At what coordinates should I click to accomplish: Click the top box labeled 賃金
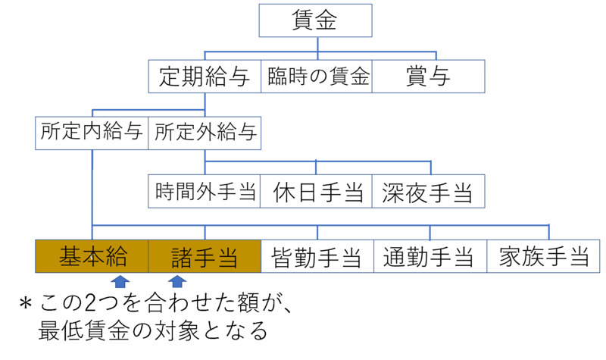click(x=316, y=20)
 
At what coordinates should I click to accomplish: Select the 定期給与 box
click(x=205, y=77)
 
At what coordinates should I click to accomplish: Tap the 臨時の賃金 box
click(x=318, y=77)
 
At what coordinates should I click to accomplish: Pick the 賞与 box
click(x=428, y=77)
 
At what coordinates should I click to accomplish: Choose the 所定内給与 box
click(x=92, y=133)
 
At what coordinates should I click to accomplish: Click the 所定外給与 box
click(x=205, y=133)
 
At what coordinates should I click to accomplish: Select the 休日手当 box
click(x=317, y=192)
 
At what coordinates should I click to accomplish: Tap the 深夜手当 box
click(x=429, y=192)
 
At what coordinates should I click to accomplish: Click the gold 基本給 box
click(x=92, y=257)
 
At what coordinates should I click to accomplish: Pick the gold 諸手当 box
click(x=205, y=257)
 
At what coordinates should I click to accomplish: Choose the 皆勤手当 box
click(x=317, y=257)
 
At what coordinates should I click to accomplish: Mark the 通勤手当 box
click(x=430, y=257)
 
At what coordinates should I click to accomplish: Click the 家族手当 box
click(x=544, y=257)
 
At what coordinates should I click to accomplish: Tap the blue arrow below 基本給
click(x=120, y=282)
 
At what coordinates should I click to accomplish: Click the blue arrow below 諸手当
click(x=176, y=282)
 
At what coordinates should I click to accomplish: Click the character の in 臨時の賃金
click(x=318, y=77)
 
